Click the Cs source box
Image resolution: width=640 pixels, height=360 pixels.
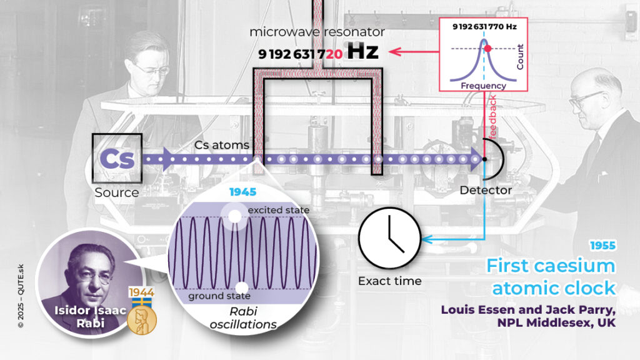117,159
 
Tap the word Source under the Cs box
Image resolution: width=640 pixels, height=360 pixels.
116,192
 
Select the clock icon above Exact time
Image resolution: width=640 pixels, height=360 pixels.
388,239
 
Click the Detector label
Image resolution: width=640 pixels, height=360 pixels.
486,190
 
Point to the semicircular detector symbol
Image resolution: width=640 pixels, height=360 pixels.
492,159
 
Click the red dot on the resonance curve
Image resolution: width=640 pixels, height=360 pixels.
489,48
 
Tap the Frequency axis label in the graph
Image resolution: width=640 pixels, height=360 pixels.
483,85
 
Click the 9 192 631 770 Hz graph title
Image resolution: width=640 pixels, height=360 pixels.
484,27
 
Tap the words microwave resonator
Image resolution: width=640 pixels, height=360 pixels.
317,32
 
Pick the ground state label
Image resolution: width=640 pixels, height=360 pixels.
219,296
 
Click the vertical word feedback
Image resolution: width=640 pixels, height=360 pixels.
492,117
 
